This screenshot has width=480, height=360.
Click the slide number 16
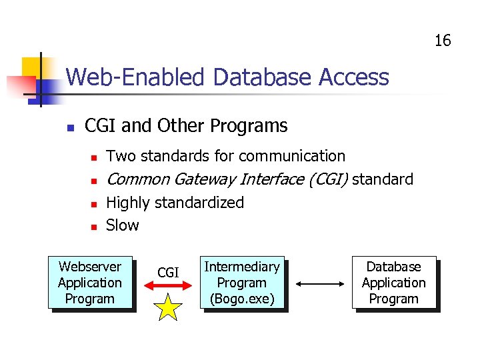[x=443, y=41]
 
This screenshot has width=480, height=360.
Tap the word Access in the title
[x=354, y=77]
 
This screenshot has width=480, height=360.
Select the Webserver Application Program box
[x=90, y=283]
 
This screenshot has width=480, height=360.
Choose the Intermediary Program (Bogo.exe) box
[x=242, y=283]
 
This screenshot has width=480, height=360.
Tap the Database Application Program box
[x=394, y=283]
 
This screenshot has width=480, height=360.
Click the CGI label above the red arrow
[x=168, y=272]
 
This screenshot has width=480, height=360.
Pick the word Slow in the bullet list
[x=123, y=225]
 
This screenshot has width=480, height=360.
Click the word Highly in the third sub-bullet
[x=128, y=203]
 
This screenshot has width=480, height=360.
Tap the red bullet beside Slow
[x=94, y=227]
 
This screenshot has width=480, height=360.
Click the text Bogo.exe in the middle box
[x=242, y=299]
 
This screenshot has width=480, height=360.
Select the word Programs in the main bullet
[x=249, y=125]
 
